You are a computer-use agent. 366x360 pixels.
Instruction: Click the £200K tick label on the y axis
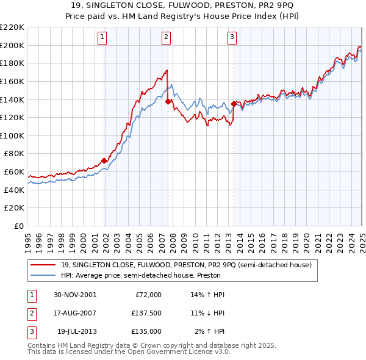click(12, 45)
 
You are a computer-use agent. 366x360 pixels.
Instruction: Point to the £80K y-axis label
click(14, 154)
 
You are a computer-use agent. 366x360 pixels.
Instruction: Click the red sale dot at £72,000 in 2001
click(104, 161)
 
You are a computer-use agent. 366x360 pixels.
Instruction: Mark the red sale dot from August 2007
click(168, 102)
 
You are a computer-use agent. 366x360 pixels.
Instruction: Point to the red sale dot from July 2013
click(234, 104)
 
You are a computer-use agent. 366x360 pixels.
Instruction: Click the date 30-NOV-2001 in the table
click(75, 295)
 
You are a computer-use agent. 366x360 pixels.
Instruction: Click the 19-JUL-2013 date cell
click(77, 331)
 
